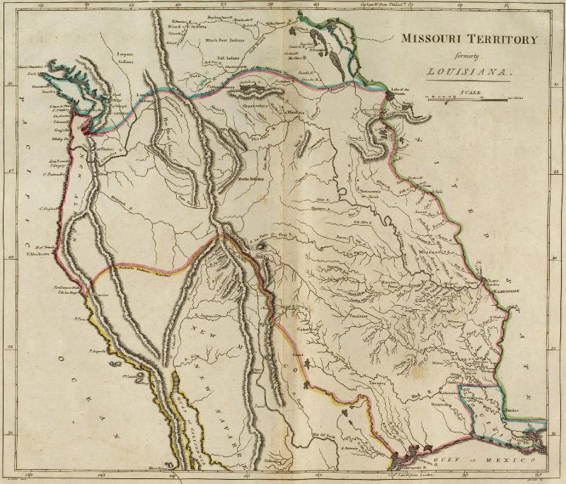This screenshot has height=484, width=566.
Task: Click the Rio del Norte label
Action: pyautogui.click(x=322, y=432)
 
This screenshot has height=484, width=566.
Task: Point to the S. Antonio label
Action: pyautogui.click(x=349, y=447)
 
